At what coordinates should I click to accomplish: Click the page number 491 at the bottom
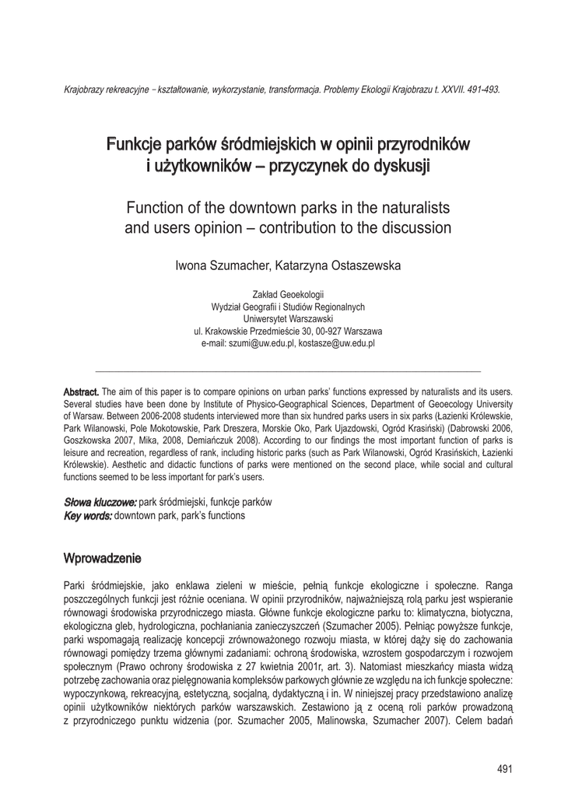coord(505,770)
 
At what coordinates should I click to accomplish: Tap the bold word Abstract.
coord(81,391)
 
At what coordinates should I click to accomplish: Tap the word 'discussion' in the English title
coord(414,228)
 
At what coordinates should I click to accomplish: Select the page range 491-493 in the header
coord(482,90)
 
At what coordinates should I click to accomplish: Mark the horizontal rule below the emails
coord(287,370)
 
